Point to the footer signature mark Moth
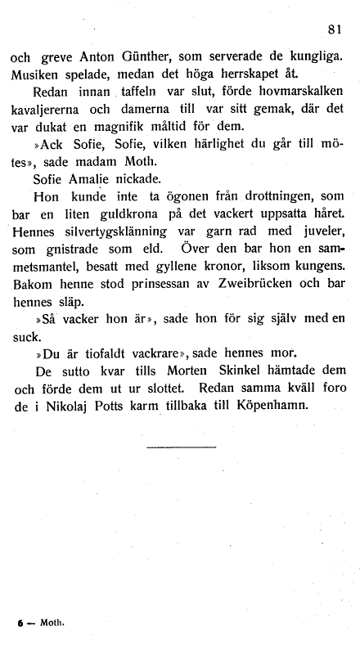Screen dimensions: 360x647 pos(52,622)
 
